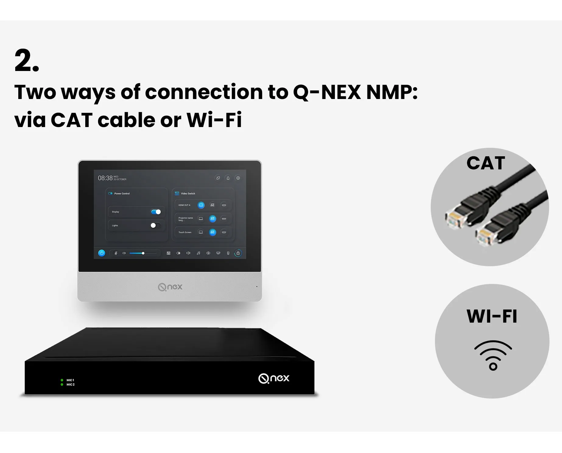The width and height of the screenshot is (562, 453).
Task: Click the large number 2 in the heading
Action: pyautogui.click(x=27, y=60)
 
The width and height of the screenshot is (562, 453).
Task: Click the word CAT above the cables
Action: pyautogui.click(x=486, y=163)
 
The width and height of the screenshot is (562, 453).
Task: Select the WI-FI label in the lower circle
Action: pyautogui.click(x=492, y=316)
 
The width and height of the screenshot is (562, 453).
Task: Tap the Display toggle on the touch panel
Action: pyautogui.click(x=156, y=212)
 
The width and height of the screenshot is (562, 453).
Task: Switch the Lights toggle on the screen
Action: pyautogui.click(x=155, y=225)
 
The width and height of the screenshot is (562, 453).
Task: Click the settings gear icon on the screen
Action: pyautogui.click(x=238, y=178)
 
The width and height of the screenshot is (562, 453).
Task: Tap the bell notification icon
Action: pyautogui.click(x=228, y=178)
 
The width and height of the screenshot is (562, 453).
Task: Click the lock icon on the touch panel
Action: pyautogui.click(x=238, y=253)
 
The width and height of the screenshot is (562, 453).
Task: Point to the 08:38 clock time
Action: pyautogui.click(x=105, y=178)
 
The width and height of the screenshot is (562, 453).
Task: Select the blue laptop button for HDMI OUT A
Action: pyautogui.click(x=201, y=205)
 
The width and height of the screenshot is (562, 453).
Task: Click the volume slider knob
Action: pyautogui.click(x=143, y=253)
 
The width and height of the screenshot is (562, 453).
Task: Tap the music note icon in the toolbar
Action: pyautogui.click(x=198, y=253)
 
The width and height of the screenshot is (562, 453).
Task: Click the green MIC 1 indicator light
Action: pyautogui.click(x=62, y=380)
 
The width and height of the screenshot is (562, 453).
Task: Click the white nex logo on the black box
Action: pyautogui.click(x=274, y=378)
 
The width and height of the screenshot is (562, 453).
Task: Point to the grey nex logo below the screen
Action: pyautogui.click(x=170, y=287)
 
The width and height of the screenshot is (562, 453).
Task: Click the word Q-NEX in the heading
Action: pyautogui.click(x=327, y=92)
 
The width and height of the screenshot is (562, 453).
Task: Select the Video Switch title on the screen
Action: pyautogui.click(x=188, y=193)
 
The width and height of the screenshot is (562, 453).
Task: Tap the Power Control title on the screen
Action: pyautogui.click(x=122, y=193)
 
